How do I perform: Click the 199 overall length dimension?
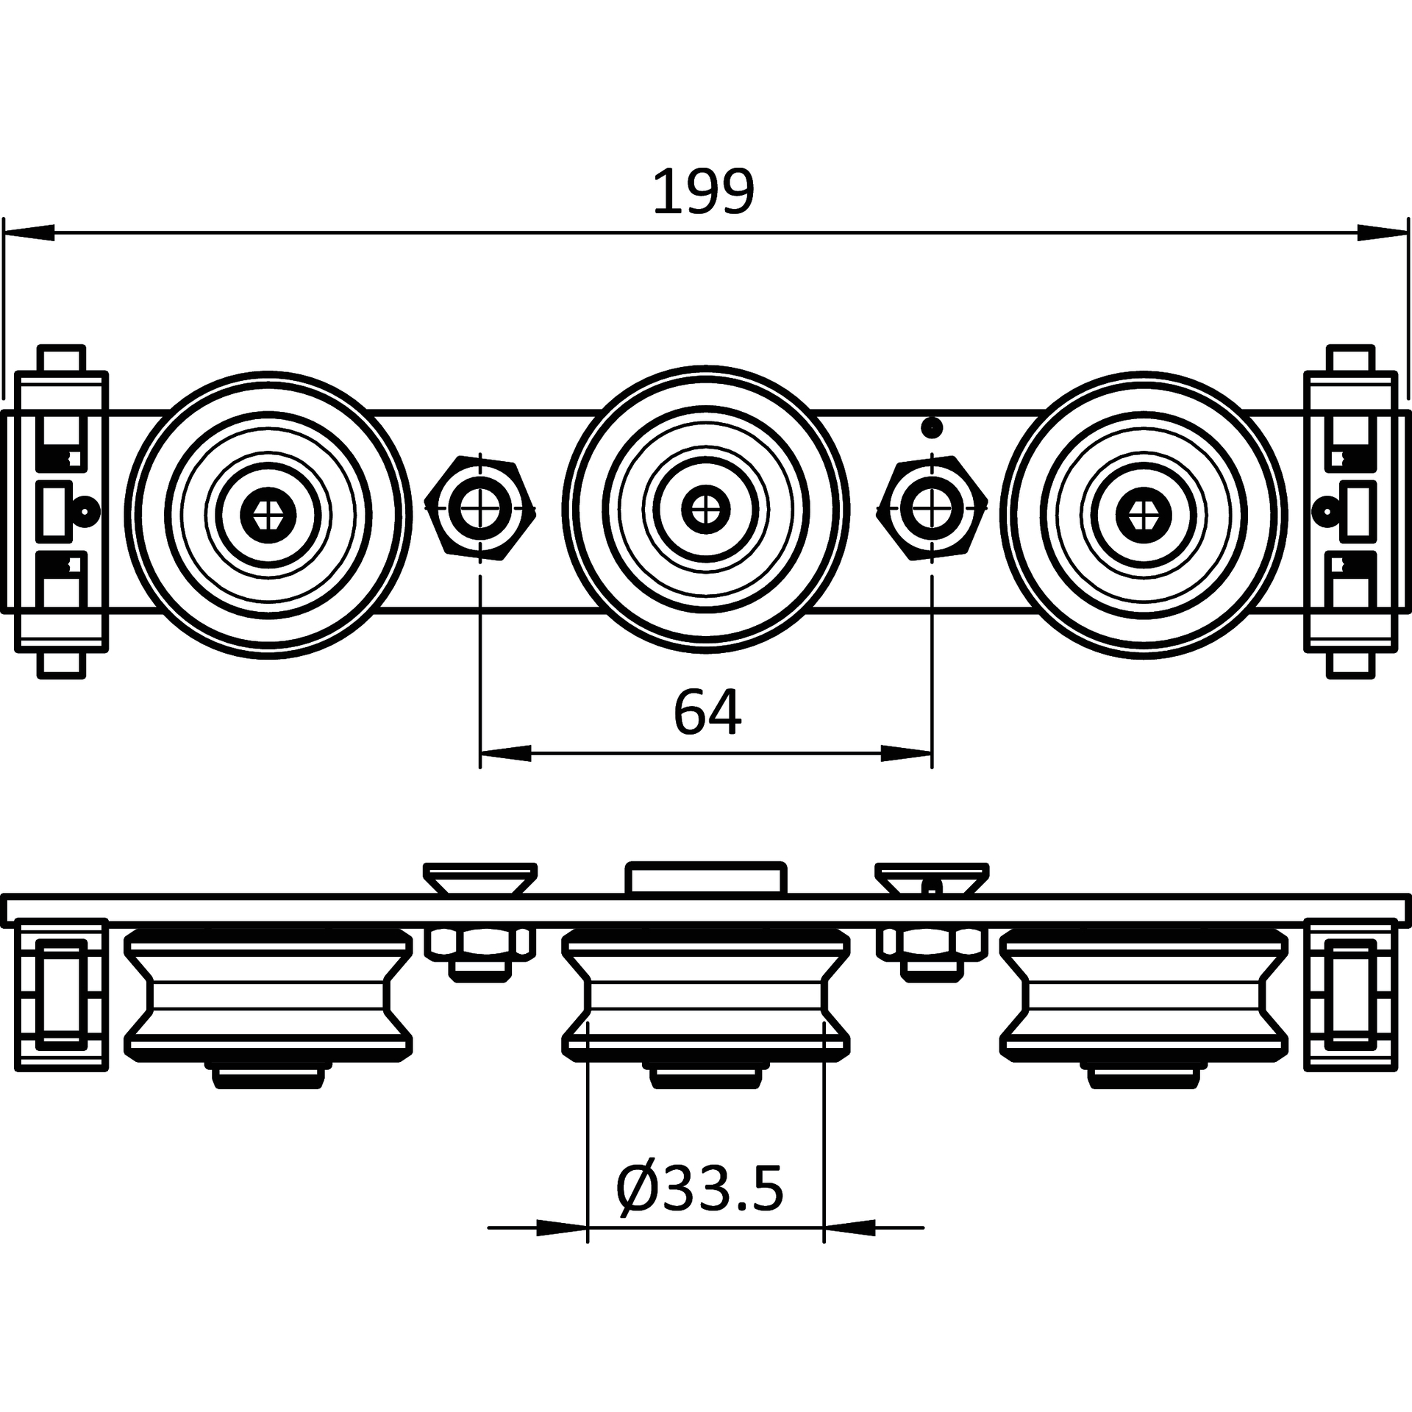pos(704,192)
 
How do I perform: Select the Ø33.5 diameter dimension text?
pos(699,1188)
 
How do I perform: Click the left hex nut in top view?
pos(480,508)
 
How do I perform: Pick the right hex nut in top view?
pos(933,508)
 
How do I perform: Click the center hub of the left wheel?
pos(268,514)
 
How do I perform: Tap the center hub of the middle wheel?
pos(706,508)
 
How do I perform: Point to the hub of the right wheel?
pos(1143,514)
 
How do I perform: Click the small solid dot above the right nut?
pos(933,427)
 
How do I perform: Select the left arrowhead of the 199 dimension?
pos(29,232)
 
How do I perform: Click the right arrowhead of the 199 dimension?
pos(1383,232)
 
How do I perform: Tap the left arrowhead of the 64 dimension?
pos(505,753)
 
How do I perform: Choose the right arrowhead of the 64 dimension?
pos(907,753)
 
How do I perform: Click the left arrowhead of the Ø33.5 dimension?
pos(563,1227)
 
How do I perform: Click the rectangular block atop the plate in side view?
pos(706,878)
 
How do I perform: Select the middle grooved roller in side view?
pos(706,994)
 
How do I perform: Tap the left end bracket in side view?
pos(62,994)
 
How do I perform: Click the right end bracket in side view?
pos(1351,994)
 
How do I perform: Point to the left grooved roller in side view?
pos(268,994)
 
